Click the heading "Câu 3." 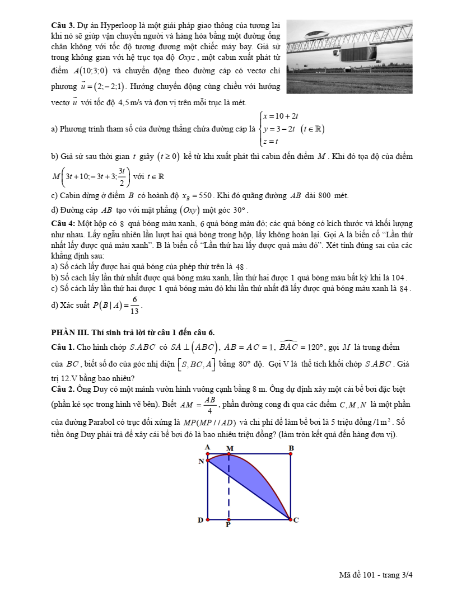62,26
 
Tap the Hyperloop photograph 349,57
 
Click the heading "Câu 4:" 63,223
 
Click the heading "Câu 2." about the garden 62,388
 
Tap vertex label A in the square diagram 207,447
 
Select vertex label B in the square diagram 291,448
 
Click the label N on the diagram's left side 201,461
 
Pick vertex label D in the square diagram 200,520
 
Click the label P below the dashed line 228,526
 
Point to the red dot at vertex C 290,519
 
